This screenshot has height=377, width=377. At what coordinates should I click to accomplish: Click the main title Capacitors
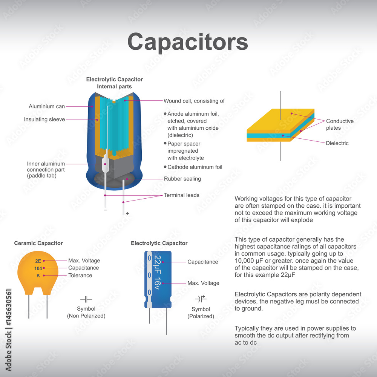(x=187, y=42)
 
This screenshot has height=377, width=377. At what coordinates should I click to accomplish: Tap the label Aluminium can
(x=47, y=106)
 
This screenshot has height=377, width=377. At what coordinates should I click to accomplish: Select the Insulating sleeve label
(x=44, y=120)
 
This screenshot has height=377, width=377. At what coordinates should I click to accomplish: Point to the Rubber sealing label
(x=182, y=179)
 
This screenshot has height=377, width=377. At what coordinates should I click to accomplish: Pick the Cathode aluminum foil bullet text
(x=195, y=167)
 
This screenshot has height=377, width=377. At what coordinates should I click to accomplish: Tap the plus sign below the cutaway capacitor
(x=127, y=213)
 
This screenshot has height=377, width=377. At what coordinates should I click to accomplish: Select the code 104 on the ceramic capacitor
(x=38, y=268)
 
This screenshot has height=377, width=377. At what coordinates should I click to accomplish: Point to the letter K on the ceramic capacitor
(x=38, y=275)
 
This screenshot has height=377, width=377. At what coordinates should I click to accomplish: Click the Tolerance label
(x=80, y=275)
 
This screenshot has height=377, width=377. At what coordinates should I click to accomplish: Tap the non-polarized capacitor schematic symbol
(x=86, y=299)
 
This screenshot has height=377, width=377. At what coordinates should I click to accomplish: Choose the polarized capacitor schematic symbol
(x=201, y=299)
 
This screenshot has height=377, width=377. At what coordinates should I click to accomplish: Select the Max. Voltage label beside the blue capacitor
(x=203, y=283)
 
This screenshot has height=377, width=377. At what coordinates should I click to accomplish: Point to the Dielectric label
(x=337, y=143)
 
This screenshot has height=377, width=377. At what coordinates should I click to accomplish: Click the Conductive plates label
(x=340, y=124)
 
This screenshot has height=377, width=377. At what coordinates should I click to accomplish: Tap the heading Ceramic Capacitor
(x=38, y=243)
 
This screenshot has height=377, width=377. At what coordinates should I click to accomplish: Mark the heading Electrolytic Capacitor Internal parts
(x=114, y=83)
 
